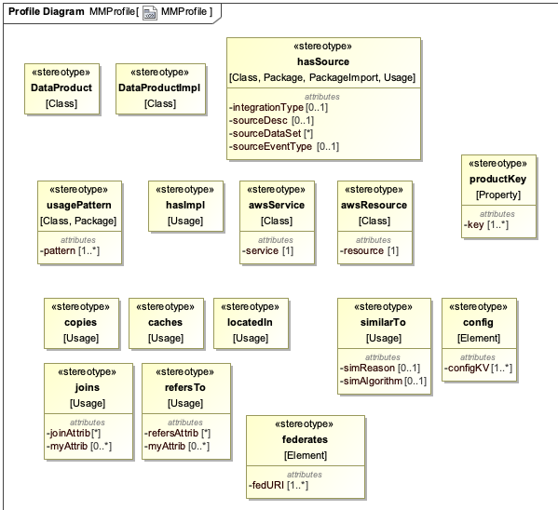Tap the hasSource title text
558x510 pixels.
[322, 61]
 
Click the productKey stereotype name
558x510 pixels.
[497, 179]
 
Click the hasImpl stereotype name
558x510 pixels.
[185, 205]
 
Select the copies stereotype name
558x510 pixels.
[81, 322]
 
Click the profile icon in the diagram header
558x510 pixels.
[149, 11]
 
